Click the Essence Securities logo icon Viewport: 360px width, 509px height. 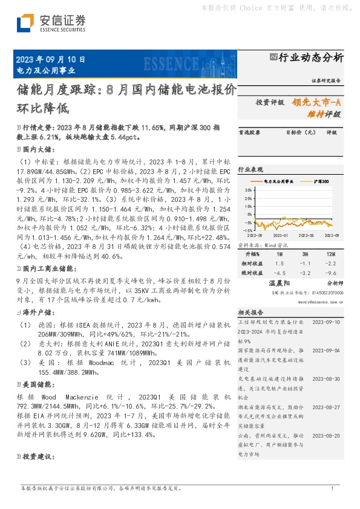25,22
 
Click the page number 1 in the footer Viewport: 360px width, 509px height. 332,487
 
